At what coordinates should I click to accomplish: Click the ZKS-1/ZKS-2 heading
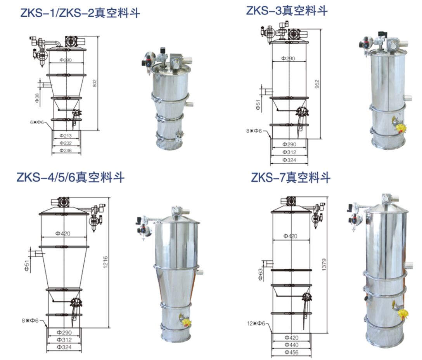click(x=80, y=13)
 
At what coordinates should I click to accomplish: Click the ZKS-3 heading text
click(x=287, y=11)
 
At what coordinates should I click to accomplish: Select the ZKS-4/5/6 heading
click(x=71, y=178)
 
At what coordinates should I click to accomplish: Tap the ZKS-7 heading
click(x=291, y=178)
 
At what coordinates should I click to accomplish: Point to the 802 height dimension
click(x=95, y=83)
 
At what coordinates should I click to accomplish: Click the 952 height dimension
click(x=317, y=84)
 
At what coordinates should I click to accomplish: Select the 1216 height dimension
click(x=105, y=262)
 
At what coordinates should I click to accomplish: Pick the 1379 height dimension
click(x=324, y=265)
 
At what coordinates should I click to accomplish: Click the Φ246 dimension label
click(x=66, y=151)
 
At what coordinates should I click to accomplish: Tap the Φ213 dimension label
click(x=66, y=136)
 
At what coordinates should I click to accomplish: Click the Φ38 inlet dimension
click(x=37, y=97)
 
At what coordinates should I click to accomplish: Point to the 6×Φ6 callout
click(x=37, y=122)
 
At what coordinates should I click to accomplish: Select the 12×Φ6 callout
click(x=256, y=323)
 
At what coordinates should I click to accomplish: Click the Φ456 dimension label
click(x=291, y=352)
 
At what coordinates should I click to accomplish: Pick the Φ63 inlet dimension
click(x=260, y=274)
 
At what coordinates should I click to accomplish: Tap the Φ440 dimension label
click(x=291, y=345)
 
